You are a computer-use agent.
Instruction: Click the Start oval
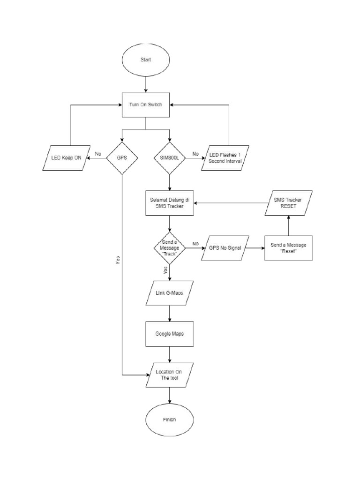[146, 60]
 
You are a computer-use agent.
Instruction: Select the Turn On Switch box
[146, 104]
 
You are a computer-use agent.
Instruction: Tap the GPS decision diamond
[122, 158]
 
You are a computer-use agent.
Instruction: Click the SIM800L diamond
[170, 158]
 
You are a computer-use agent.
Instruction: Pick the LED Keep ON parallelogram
[66, 158]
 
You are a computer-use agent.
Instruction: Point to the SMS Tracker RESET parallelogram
[289, 203]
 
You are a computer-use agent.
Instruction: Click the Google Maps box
[170, 334]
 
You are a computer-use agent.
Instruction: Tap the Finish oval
[170, 419]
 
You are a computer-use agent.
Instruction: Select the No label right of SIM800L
[195, 153]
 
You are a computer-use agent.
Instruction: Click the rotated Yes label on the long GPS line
[118, 261]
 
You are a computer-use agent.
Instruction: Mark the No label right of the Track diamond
[195, 243]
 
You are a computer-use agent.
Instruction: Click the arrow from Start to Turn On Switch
[146, 85]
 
